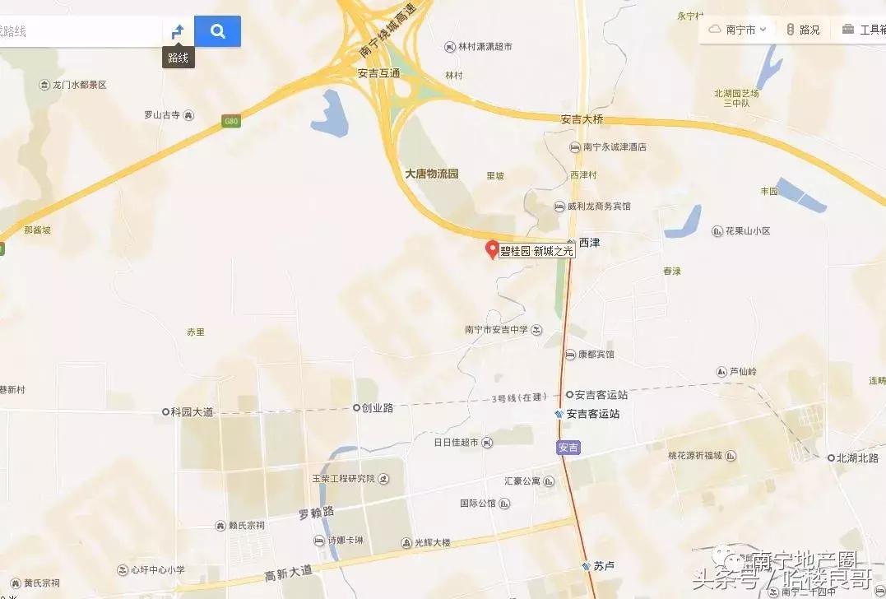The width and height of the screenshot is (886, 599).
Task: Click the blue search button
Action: (x=217, y=31)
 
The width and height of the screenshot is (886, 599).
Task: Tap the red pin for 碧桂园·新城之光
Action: (x=492, y=248)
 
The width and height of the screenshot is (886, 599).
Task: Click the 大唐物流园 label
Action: (x=431, y=174)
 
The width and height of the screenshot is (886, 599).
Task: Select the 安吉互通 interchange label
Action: (x=378, y=73)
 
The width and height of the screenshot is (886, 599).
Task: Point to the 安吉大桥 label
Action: (x=582, y=119)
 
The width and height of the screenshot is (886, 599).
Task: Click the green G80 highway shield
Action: (x=231, y=122)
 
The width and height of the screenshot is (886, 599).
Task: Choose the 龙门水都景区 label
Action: (x=79, y=85)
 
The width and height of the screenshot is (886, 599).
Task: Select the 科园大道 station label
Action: (x=191, y=411)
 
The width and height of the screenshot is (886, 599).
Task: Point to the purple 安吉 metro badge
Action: (x=568, y=448)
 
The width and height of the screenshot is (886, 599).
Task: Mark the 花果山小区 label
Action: (x=746, y=231)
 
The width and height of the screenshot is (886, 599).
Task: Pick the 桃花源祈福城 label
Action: (x=694, y=456)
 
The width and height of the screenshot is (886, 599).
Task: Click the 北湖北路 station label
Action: (x=858, y=457)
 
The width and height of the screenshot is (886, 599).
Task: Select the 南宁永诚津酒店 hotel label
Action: (x=614, y=147)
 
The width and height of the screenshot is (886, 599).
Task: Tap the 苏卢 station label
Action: (x=603, y=566)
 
